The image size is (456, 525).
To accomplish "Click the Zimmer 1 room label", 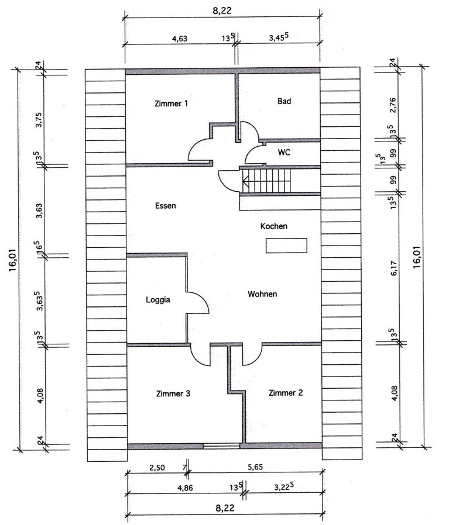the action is coord(171,103).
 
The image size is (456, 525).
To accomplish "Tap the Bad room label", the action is coord(284,101).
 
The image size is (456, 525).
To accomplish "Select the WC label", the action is coord(284,153).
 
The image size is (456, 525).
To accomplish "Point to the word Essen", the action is coord(165,206).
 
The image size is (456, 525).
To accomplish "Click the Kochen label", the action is coord(273,226).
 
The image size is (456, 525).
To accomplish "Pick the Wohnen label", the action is coord(262,294).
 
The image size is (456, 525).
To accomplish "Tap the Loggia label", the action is coord(157,300).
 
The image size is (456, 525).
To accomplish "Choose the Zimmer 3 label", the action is coord(173,394).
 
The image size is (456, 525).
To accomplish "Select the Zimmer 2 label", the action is coord(286,393).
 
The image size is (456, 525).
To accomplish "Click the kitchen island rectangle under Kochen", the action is coord(286,246).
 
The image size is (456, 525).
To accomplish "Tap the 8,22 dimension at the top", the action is coord(222,11).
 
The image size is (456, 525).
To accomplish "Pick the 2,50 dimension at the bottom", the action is coord(157,468).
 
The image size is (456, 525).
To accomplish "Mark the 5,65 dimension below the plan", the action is coord(255,467).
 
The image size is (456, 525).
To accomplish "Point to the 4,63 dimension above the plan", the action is coord(179,39).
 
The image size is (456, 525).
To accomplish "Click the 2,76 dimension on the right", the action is coord(393,105).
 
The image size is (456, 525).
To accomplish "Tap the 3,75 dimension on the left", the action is coord(39,119).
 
